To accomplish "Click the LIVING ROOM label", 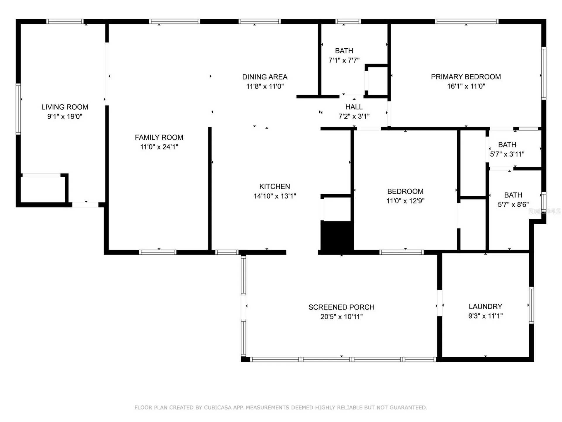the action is [x=65, y=107].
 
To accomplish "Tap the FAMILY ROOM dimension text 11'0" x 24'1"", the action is [x=159, y=147].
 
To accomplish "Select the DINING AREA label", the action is [x=265, y=77].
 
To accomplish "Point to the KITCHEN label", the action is [x=275, y=186].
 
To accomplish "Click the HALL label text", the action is [x=354, y=107].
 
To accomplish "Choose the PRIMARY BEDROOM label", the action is [x=466, y=77].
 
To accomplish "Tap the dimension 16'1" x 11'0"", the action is [x=466, y=86].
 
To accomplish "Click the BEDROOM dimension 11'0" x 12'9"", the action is [x=405, y=201].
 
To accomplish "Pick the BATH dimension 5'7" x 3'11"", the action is [x=507, y=154].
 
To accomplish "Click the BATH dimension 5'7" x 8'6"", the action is [x=513, y=205].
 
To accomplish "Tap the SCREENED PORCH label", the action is [x=341, y=307].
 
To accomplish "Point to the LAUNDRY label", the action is [x=485, y=307].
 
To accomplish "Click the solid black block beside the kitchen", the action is [x=337, y=236].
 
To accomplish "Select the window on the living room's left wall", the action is [x=18, y=109].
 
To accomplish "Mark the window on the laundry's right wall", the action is [x=531, y=305].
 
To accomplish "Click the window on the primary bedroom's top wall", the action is [x=466, y=21].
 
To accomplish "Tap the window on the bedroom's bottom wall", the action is [x=401, y=252].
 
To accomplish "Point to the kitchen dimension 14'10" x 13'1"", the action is [x=275, y=196].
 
